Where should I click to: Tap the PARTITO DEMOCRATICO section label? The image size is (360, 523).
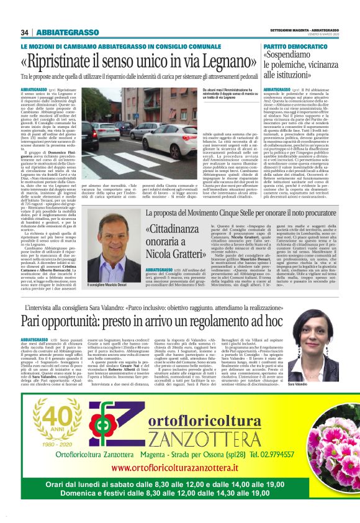coord(295,47)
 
